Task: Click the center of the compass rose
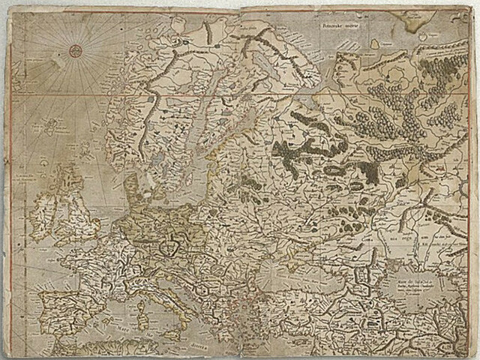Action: point(75,51)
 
